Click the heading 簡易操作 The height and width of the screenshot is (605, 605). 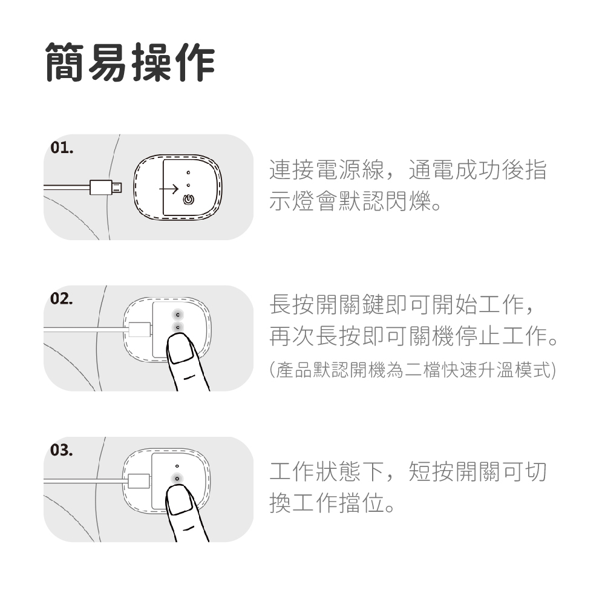[x=130, y=62]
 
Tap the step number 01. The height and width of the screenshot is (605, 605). [x=62, y=148]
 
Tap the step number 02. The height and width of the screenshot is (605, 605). [x=62, y=299]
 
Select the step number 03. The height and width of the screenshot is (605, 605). [x=62, y=450]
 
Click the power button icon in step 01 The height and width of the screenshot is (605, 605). [x=188, y=200]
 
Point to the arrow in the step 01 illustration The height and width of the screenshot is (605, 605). [x=169, y=189]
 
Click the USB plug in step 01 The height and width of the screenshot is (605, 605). [x=106, y=188]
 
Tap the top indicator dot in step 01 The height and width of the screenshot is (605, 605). [x=188, y=172]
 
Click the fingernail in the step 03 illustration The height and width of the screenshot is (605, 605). [x=180, y=500]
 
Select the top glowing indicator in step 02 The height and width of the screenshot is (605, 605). [x=177, y=315]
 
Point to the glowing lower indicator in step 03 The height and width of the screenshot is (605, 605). [x=177, y=479]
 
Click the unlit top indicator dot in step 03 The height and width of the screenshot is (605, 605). [x=177, y=466]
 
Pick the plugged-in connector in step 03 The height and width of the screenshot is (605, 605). [x=139, y=481]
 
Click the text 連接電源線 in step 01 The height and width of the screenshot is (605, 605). [x=327, y=170]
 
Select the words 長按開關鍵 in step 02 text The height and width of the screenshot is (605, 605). [x=327, y=304]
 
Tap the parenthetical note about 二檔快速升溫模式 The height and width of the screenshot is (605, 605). [x=413, y=370]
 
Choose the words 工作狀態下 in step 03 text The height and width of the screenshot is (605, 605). [x=327, y=471]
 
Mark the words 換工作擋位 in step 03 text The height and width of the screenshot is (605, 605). [x=327, y=503]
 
